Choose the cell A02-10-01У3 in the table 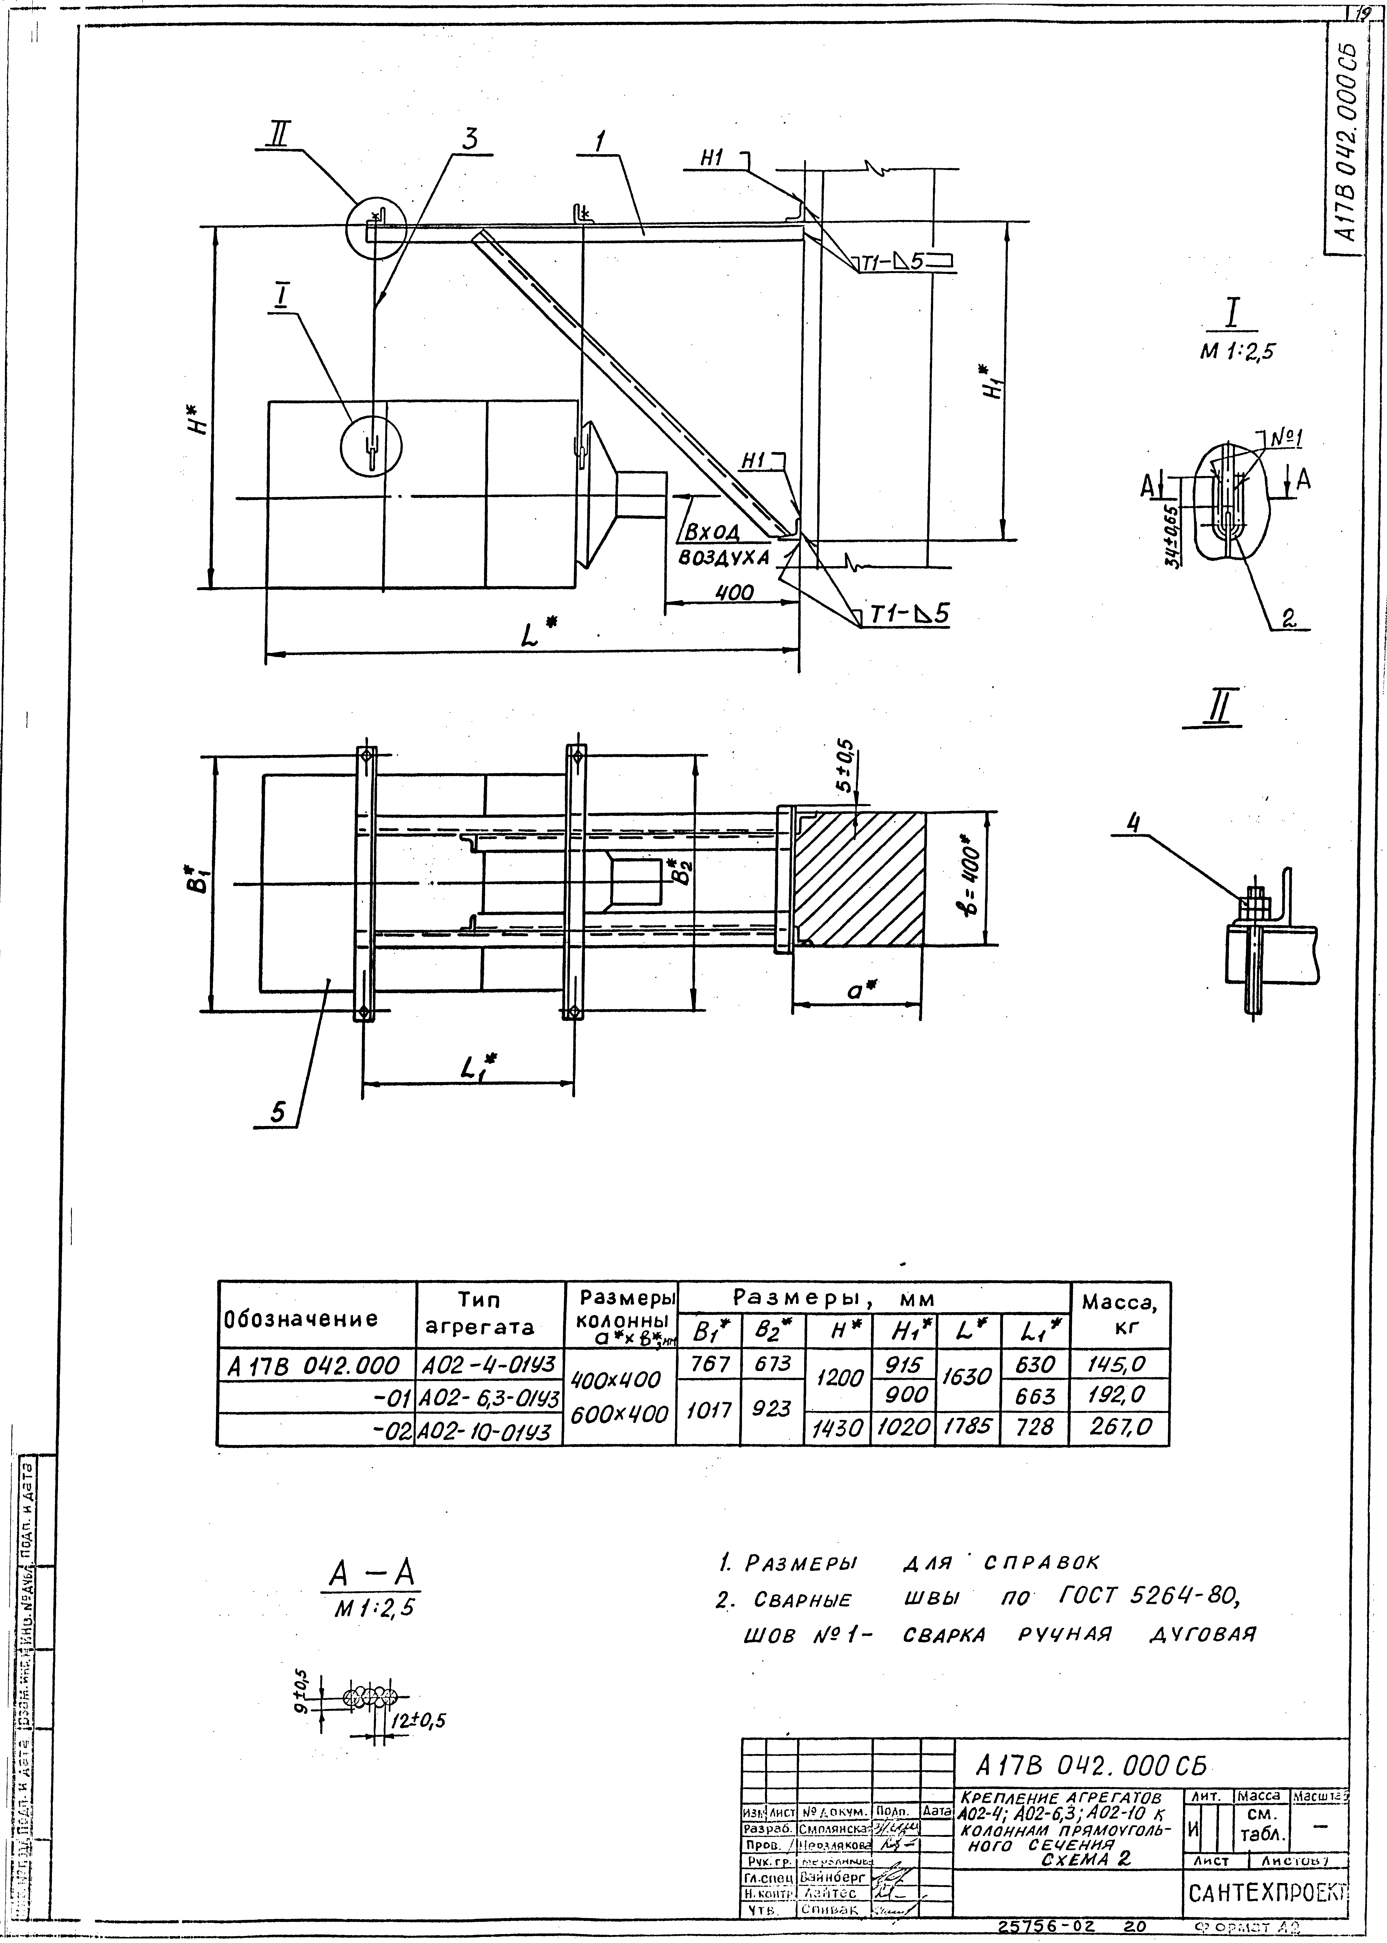(x=489, y=1429)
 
